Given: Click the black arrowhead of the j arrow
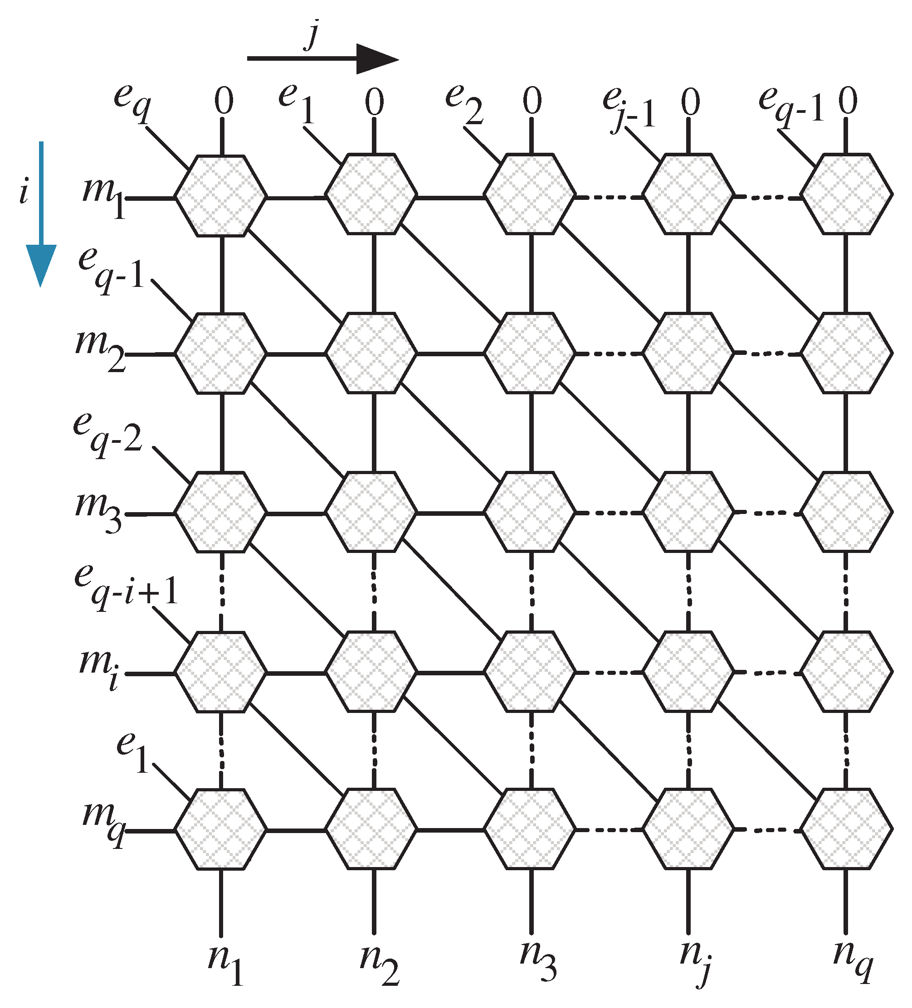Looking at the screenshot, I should [375, 59].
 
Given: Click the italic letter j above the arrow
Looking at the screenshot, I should [312, 35].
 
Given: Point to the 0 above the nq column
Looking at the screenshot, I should [848, 102].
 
